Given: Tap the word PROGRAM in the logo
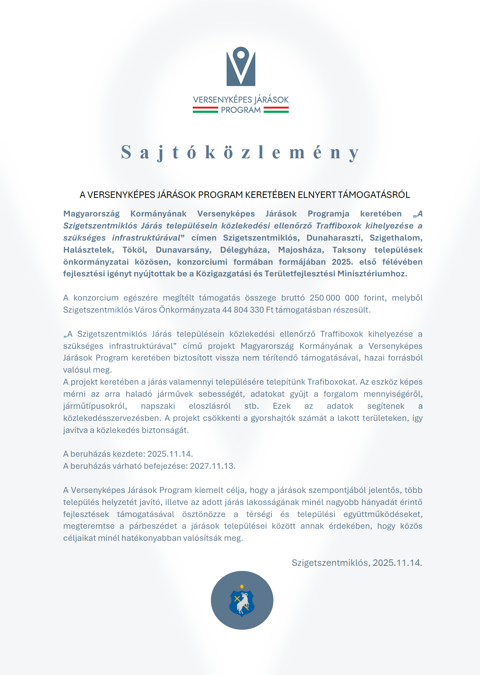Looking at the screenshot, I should coord(241,110).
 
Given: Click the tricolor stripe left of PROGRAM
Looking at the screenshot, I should coord(205,110).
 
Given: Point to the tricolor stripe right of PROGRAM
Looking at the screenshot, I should coord(276,110).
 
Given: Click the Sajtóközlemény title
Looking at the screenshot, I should coord(240,152).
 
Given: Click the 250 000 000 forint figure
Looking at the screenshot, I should coord(334,298).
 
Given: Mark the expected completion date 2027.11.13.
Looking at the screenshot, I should coord(213,466).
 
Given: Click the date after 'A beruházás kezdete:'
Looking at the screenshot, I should coord(170,454).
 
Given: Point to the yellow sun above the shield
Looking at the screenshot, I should coord(242,586).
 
